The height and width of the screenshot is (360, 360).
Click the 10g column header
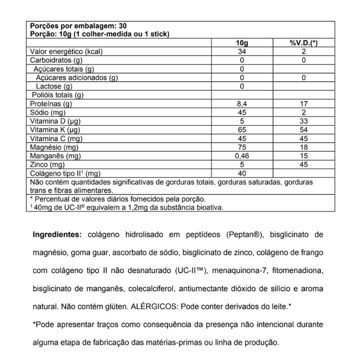tap(242, 43)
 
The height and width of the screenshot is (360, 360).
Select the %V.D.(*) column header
tap(304, 43)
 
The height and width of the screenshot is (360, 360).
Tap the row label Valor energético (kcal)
tap(67, 52)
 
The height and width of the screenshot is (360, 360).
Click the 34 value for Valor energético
tap(242, 52)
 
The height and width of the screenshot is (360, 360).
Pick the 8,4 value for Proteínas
tap(242, 104)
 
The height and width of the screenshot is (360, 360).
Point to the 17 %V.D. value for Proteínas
tap(304, 104)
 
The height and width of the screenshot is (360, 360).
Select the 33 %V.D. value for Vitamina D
tap(304, 121)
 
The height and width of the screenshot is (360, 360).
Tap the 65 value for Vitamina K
tap(242, 130)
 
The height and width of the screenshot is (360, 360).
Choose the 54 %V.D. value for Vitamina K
tap(304, 130)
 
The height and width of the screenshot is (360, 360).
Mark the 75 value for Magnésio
tap(242, 148)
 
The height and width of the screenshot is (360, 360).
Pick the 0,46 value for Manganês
tap(242, 156)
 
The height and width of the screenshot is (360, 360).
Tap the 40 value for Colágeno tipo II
tap(242, 174)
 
